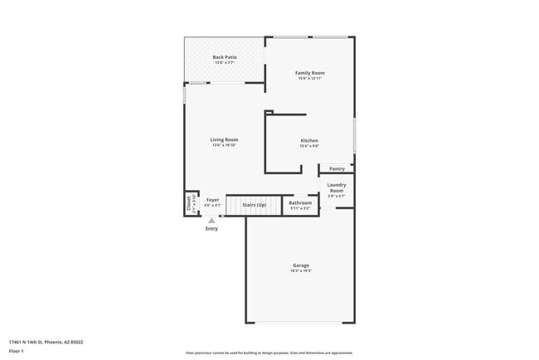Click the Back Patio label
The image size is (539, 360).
point(225,57)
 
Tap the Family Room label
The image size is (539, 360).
point(310,73)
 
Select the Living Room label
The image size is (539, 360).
point(224,139)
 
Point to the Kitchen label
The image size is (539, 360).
point(309,141)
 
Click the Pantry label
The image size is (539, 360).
point(337,169)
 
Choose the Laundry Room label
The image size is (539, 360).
point(337,187)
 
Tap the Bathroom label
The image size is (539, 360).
point(300,202)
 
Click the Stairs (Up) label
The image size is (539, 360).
point(254,204)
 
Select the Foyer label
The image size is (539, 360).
point(213,200)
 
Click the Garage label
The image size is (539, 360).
point(300,265)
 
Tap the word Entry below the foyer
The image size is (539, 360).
point(211,229)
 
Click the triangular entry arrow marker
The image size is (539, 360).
point(211,221)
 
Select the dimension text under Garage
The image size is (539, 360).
point(300,271)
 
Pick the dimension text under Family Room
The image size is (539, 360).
point(310,79)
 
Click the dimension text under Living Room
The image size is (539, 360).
point(224,145)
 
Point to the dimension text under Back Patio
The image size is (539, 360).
point(225,63)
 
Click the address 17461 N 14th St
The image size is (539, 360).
point(46,342)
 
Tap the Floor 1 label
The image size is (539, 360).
point(17,351)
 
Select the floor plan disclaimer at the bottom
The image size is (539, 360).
point(269,352)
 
